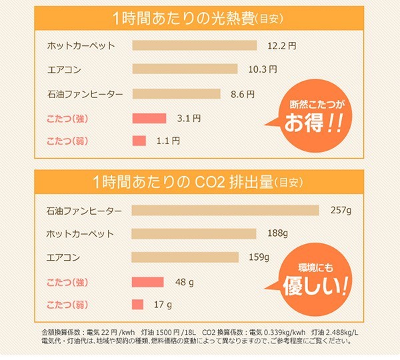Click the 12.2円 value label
tap(281, 46)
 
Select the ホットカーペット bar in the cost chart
tap(195, 46)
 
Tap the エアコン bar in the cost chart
tap(185, 69)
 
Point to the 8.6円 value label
tap(242, 94)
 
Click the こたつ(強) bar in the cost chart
tap(149, 119)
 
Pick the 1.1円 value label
tap(168, 141)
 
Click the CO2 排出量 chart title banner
tap(200, 181)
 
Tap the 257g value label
tap(340, 211)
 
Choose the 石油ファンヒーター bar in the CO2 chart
tap(225, 211)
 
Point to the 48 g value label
tap(184, 282)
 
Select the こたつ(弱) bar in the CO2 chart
tap(137, 305)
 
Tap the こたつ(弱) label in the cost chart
tap(68, 141)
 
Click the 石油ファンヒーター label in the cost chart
tap(85, 94)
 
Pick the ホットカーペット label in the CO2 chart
tap(81, 234)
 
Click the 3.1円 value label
tap(189, 119)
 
